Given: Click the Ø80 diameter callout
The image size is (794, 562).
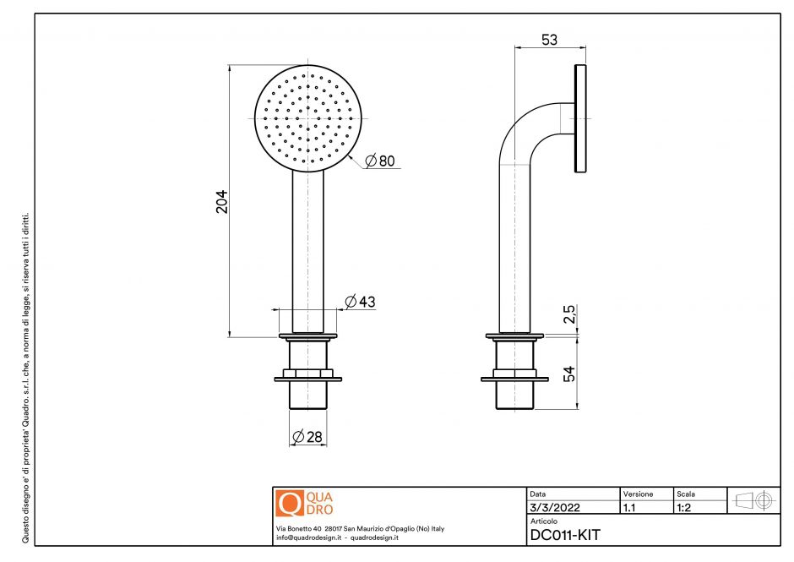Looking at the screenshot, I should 381,161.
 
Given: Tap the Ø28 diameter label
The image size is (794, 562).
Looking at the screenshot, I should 308,437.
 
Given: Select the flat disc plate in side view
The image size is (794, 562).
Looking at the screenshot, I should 580,118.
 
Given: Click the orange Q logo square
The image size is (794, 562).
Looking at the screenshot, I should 290,503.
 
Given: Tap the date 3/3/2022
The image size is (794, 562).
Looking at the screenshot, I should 553,508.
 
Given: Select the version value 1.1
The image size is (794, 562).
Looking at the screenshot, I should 629,508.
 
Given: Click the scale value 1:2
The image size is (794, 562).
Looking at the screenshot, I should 685,508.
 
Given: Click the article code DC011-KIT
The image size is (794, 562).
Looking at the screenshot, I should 565,534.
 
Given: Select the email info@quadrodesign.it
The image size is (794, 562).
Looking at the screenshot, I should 308,537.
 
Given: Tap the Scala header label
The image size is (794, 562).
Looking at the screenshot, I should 685,494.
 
